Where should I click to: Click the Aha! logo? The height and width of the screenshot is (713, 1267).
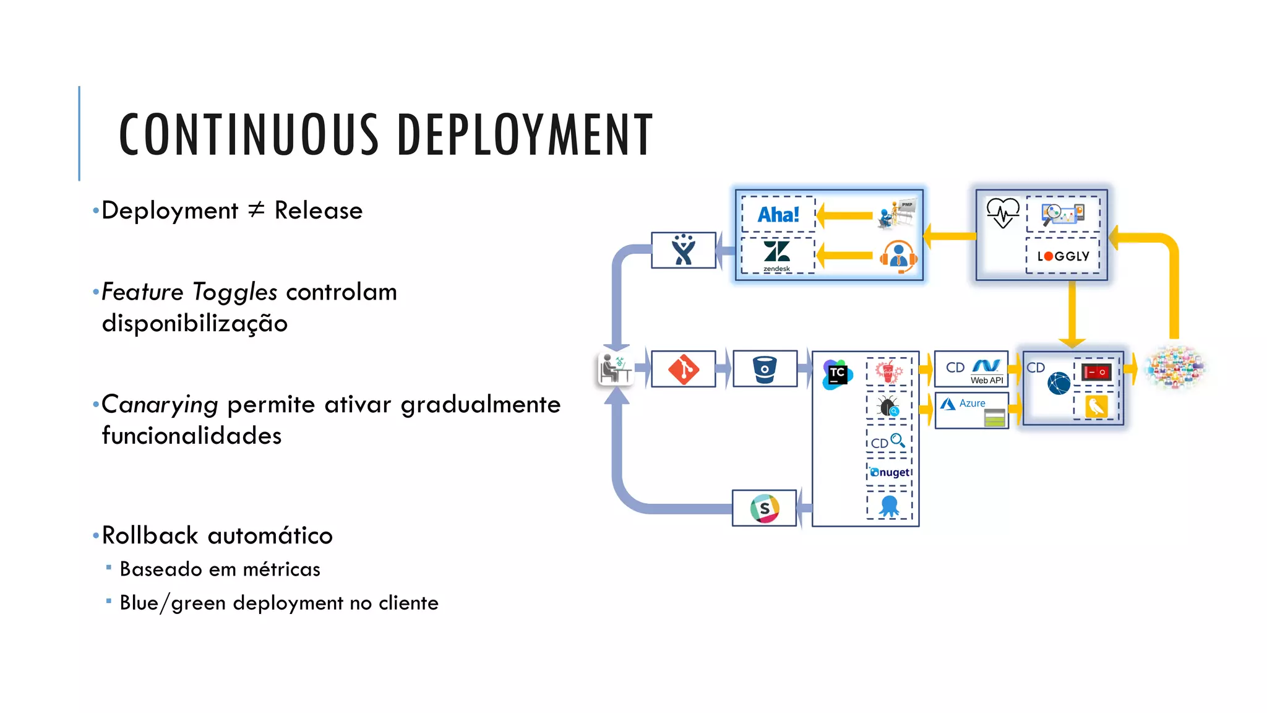click(778, 215)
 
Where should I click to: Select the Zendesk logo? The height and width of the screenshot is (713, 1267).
click(776, 254)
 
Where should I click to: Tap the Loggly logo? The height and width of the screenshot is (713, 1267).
click(1063, 256)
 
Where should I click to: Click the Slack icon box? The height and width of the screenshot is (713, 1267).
click(764, 508)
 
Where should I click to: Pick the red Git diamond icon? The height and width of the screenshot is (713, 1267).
click(683, 369)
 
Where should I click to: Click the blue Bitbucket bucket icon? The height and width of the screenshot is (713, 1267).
click(765, 369)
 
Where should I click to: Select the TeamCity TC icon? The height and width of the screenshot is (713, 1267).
click(837, 374)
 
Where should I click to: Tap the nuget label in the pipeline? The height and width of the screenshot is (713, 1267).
click(890, 472)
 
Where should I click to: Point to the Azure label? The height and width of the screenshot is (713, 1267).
click(972, 403)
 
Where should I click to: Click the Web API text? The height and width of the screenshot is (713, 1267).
click(987, 380)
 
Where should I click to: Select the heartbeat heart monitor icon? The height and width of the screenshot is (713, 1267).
click(1002, 213)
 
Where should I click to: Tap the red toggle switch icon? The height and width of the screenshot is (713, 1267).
click(1096, 372)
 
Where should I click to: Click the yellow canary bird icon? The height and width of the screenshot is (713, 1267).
click(1096, 407)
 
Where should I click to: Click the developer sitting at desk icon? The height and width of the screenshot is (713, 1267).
click(615, 369)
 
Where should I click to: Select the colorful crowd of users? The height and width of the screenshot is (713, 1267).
click(1175, 368)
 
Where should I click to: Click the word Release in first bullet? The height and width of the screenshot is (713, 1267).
click(318, 210)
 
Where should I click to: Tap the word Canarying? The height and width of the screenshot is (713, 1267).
click(160, 404)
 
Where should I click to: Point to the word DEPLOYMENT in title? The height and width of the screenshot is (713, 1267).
click(525, 134)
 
